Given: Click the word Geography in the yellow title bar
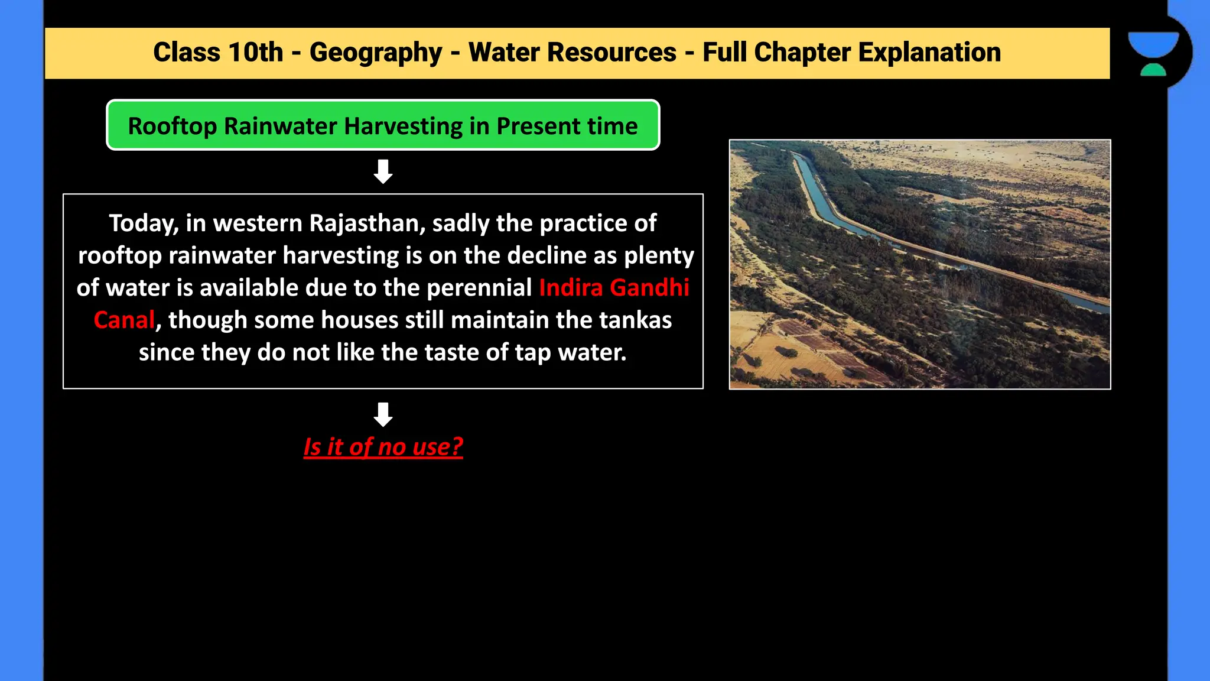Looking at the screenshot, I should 376,53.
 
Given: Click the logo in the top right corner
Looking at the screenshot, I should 1153,53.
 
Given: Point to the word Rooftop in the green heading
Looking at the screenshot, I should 172,127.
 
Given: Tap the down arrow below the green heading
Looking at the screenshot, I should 383,171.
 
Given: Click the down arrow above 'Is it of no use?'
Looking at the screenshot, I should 383,414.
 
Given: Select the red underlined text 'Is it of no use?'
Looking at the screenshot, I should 383,447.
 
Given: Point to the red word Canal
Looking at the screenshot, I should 124,320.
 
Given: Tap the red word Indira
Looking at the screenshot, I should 571,288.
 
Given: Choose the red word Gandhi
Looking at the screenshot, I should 649,288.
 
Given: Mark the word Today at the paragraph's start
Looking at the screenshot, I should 144,223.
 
